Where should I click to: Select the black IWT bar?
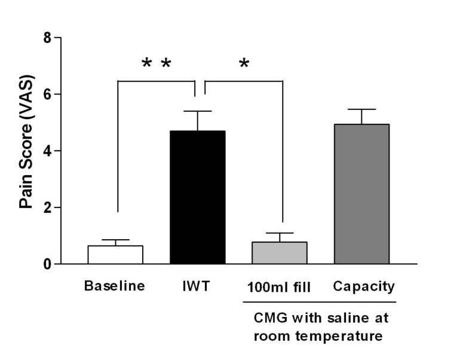[x=197, y=197]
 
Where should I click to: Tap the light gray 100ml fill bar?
[x=280, y=253]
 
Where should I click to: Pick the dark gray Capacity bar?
[x=361, y=194]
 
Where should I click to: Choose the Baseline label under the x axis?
[x=115, y=286]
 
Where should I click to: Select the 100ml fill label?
[x=279, y=286]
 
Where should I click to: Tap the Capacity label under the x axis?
[x=363, y=286]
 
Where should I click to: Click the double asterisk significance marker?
[x=156, y=63]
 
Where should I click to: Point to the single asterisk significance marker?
[x=244, y=63]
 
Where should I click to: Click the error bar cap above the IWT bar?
[x=197, y=111]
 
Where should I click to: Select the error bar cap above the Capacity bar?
[x=361, y=109]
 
